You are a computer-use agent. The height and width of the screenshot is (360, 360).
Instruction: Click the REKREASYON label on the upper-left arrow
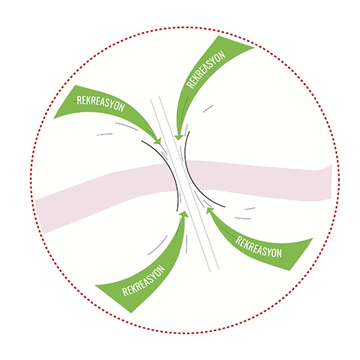point(101,104)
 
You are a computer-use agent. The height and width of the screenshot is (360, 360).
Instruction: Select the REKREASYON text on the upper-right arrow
point(206,70)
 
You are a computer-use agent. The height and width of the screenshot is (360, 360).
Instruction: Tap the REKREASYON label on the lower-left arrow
point(144,280)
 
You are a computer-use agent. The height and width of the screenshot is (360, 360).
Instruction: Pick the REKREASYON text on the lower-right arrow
point(258,247)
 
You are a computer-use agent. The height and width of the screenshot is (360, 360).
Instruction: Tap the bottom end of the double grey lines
point(215,270)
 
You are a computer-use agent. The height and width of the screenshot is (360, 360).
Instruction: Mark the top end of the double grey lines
point(155,98)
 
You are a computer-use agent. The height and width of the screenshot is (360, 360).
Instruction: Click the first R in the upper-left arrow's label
point(79,100)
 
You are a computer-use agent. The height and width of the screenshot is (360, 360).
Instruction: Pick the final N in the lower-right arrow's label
point(279,253)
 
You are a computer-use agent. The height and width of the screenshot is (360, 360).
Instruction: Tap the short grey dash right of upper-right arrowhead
point(208,109)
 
